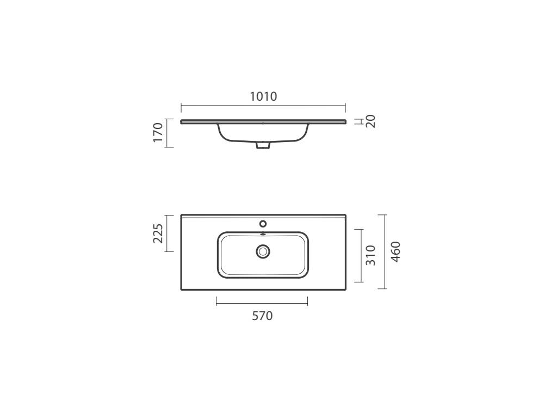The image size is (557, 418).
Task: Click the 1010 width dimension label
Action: pyautogui.click(x=263, y=96)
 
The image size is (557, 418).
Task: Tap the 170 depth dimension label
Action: pyautogui.click(x=158, y=133)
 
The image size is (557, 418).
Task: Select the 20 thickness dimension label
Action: pyautogui.click(x=370, y=121)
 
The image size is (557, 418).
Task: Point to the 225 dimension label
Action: pyautogui.click(x=158, y=233)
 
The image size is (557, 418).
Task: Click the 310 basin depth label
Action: pyautogui.click(x=370, y=255)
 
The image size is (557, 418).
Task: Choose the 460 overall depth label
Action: pyautogui.click(x=395, y=251)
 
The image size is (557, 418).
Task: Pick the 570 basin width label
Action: pyautogui.click(x=263, y=316)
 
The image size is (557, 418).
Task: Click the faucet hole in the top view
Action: pyautogui.click(x=263, y=224)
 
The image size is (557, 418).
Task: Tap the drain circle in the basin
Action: pyautogui.click(x=263, y=251)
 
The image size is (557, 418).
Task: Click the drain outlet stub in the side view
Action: pyautogui.click(x=263, y=145)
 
